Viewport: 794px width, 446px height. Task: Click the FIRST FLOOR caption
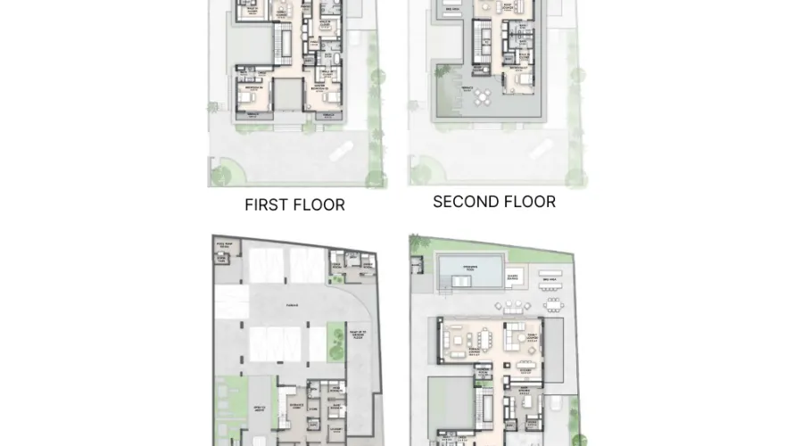(x=294, y=204)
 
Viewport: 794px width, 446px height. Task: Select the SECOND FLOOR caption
(x=494, y=202)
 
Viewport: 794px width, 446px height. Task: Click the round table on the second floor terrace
(x=483, y=95)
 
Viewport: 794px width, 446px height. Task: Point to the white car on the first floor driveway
(x=342, y=154)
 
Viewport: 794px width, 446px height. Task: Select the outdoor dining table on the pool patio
(x=550, y=306)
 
